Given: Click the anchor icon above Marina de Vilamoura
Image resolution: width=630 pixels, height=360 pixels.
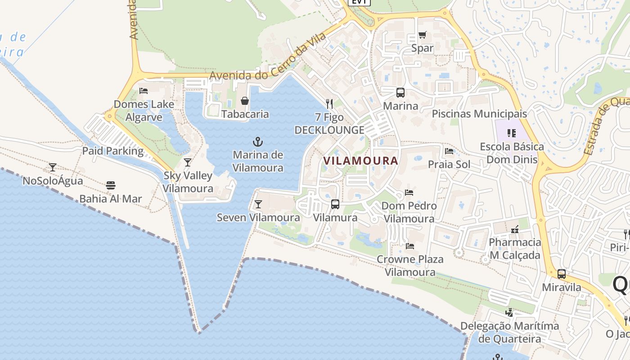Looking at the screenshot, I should pyautogui.click(x=257, y=142).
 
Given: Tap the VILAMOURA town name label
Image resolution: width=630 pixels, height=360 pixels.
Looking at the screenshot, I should pyautogui.click(x=361, y=161).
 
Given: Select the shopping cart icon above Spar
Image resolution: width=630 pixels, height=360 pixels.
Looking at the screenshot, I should pyautogui.click(x=422, y=35).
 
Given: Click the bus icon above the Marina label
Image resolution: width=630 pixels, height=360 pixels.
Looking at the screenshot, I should pyautogui.click(x=400, y=93).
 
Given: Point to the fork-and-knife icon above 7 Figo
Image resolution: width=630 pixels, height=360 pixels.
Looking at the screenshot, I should pyautogui.click(x=329, y=104).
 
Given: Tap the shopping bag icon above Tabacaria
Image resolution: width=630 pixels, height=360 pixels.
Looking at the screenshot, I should pyautogui.click(x=245, y=101).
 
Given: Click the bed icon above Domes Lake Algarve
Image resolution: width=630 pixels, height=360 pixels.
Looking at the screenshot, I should pyautogui.click(x=144, y=91).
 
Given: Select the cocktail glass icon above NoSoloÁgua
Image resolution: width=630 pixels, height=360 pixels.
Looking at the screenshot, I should pyautogui.click(x=53, y=167).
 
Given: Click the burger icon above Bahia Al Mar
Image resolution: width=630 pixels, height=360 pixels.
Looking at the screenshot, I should pyautogui.click(x=111, y=185).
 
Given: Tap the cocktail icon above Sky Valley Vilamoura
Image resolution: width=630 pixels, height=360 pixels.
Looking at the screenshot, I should pyautogui.click(x=188, y=162).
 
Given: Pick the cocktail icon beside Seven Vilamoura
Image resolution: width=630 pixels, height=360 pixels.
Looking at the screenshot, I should pyautogui.click(x=258, y=204).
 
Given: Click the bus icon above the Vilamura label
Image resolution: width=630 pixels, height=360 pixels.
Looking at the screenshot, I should pyautogui.click(x=335, y=204).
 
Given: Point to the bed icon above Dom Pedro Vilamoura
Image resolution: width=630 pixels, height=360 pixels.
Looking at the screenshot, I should pyautogui.click(x=409, y=193).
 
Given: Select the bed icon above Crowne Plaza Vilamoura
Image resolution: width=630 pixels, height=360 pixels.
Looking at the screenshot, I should pyautogui.click(x=409, y=246).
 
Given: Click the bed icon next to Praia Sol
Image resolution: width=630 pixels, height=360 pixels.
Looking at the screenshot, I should pyautogui.click(x=449, y=151).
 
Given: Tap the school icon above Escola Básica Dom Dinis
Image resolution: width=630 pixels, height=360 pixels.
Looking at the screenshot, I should pyautogui.click(x=511, y=133).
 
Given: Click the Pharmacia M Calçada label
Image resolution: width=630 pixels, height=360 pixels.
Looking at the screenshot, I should pyautogui.click(x=515, y=248).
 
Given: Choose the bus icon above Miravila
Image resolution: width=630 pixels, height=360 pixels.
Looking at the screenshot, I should pyautogui.click(x=562, y=274).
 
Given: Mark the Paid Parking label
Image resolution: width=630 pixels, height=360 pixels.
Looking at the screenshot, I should pyautogui.click(x=112, y=151).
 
